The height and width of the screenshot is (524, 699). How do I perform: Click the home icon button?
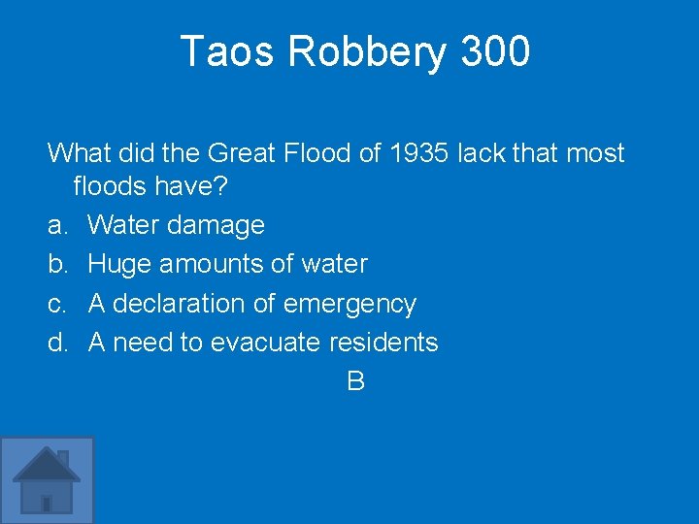point(47,480)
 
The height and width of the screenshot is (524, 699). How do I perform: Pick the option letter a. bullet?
point(58,226)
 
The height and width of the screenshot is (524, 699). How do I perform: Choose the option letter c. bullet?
point(58,304)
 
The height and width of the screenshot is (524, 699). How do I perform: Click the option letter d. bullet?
point(58,343)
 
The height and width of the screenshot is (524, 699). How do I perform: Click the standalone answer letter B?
point(355,381)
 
